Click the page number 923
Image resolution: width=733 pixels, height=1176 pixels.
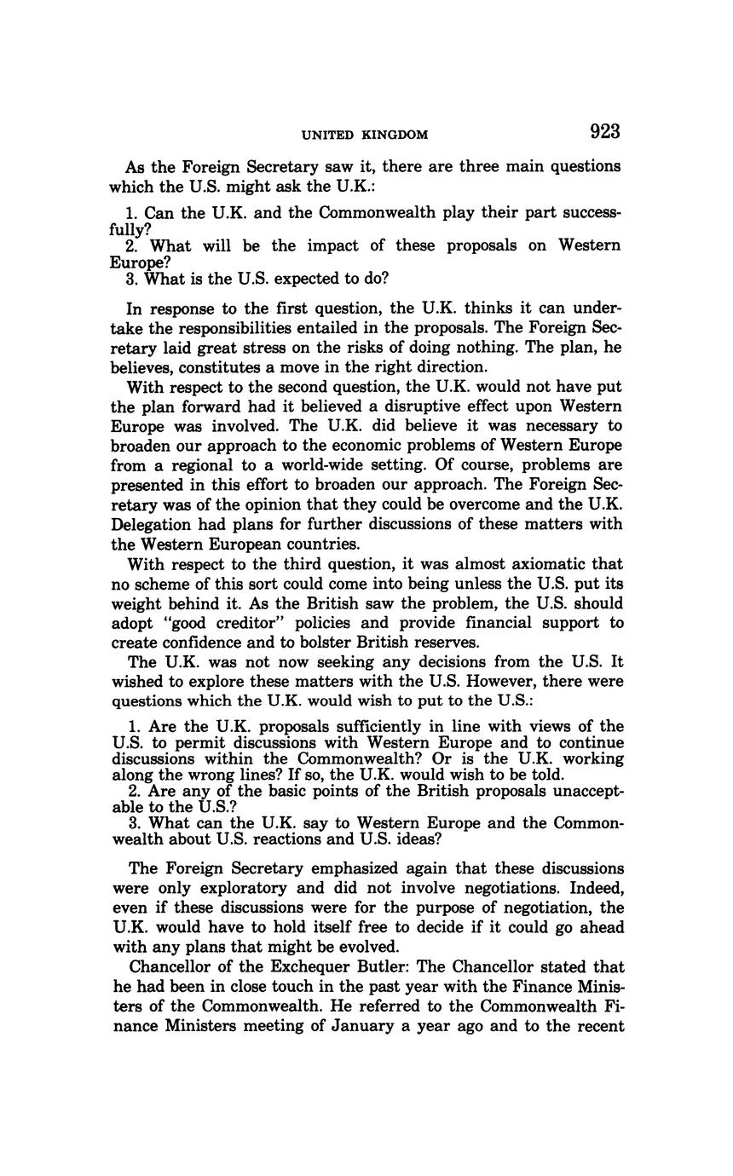(x=603, y=132)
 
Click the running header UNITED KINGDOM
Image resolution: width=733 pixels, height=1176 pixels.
(x=365, y=135)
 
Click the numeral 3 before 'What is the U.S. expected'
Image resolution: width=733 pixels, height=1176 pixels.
(x=130, y=279)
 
